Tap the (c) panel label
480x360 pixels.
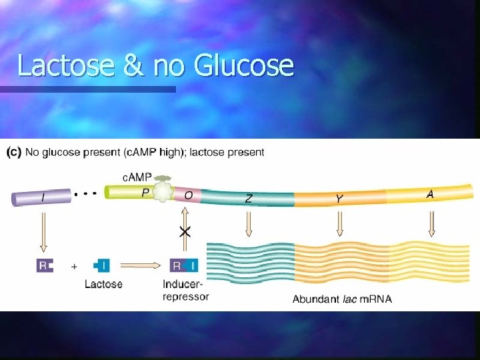(x=13, y=152)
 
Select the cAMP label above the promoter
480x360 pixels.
(x=137, y=177)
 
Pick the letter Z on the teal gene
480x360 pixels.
(x=248, y=198)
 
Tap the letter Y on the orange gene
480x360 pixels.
(x=340, y=198)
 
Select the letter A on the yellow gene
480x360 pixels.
(x=430, y=194)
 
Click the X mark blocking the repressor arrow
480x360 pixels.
(x=185, y=231)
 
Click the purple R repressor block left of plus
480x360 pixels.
(x=45, y=265)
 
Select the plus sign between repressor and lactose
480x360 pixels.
(x=75, y=266)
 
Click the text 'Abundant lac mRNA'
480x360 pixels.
(x=342, y=299)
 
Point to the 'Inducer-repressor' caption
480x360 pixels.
(x=185, y=291)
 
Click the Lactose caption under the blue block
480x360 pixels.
(x=103, y=284)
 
